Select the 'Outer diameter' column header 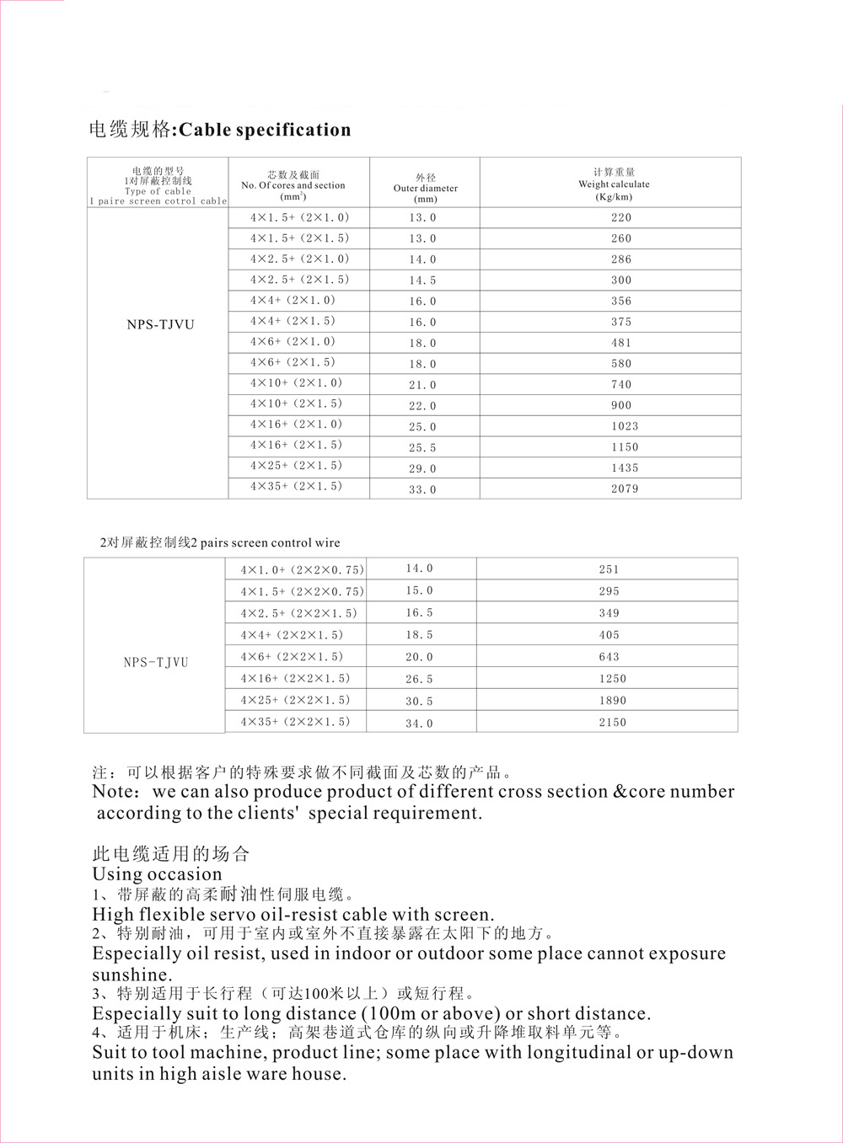pyautogui.click(x=426, y=188)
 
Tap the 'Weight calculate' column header pyautogui.click(x=614, y=184)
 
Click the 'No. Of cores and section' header pyautogui.click(x=293, y=185)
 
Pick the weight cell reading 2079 pyautogui.click(x=625, y=489)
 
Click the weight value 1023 pyautogui.click(x=625, y=426)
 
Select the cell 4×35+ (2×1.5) pyautogui.click(x=296, y=486)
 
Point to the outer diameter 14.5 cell pyautogui.click(x=422, y=280)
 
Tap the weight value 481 pyautogui.click(x=621, y=343)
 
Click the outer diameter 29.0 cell pyautogui.click(x=422, y=468)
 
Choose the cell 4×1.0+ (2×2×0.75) pyautogui.click(x=302, y=569)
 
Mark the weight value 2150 pyautogui.click(x=613, y=722)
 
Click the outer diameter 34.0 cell pyautogui.click(x=419, y=723)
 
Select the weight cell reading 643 pyautogui.click(x=609, y=657)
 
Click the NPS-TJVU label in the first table pyautogui.click(x=160, y=324)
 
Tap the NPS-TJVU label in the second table pyautogui.click(x=156, y=662)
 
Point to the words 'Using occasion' pyautogui.click(x=157, y=873)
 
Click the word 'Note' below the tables pyautogui.click(x=113, y=792)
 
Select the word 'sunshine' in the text pyautogui.click(x=131, y=975)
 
